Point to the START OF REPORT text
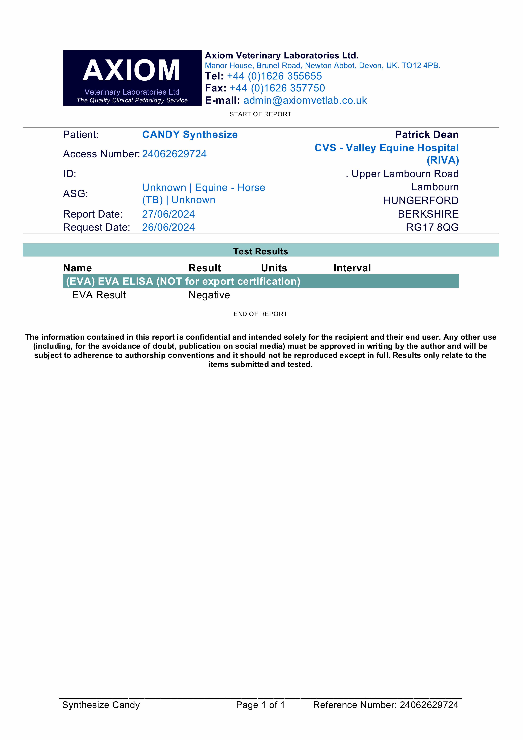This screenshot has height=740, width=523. (260, 114)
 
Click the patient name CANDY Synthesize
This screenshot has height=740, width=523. (190, 135)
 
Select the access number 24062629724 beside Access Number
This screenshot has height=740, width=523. (174, 154)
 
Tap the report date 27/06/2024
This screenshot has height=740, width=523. (169, 214)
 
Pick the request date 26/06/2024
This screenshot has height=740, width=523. (169, 227)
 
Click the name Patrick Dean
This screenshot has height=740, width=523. (427, 135)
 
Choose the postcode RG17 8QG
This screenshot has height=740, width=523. (432, 227)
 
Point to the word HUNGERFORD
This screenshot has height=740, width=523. (420, 201)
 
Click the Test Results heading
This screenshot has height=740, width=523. (260, 251)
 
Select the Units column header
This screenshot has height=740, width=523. (274, 268)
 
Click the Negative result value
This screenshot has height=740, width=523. (209, 295)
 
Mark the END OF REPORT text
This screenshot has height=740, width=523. (260, 314)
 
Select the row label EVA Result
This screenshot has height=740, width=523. (99, 295)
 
